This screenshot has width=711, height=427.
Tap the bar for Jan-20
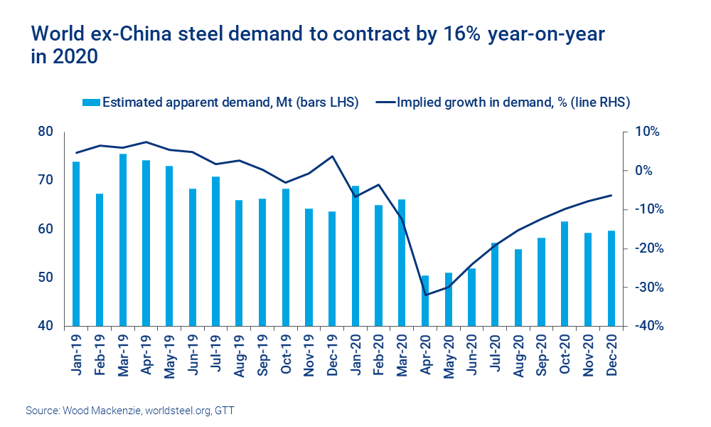pyautogui.click(x=356, y=256)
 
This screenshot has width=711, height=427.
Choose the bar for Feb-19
pyautogui.click(x=100, y=260)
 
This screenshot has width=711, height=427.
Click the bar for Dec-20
pyautogui.click(x=611, y=278)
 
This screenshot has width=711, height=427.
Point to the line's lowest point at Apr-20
pyautogui.click(x=426, y=295)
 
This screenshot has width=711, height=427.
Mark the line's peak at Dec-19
pyautogui.click(x=333, y=157)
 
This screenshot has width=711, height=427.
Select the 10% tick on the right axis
pyautogui.click(x=648, y=132)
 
